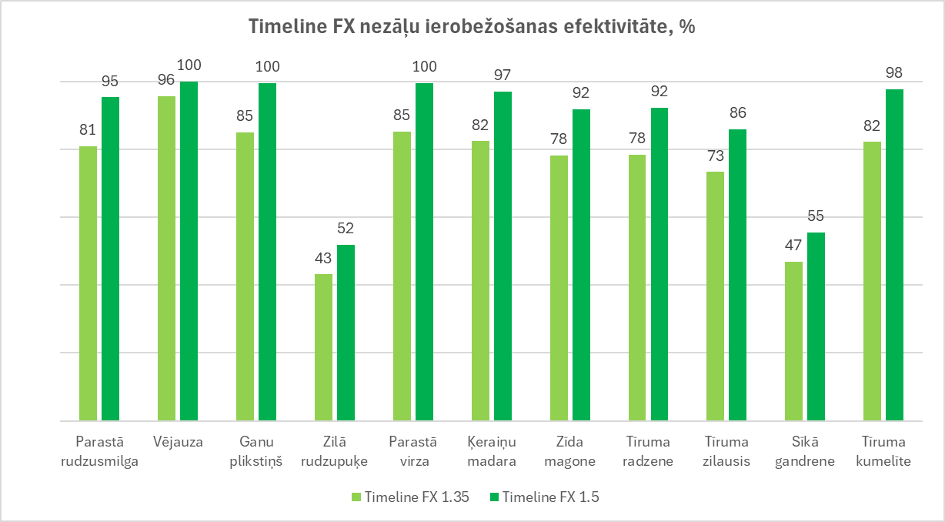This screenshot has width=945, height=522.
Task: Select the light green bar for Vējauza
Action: click(x=166, y=259)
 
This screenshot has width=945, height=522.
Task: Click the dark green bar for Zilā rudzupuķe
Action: click(x=346, y=333)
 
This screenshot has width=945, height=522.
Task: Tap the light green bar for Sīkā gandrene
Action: click(x=793, y=341)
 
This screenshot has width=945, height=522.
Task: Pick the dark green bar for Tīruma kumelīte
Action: click(x=894, y=255)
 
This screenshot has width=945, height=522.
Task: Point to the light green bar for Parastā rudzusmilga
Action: click(x=88, y=283)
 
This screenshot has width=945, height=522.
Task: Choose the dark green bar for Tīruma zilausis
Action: click(x=737, y=275)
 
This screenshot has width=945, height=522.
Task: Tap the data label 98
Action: click(x=894, y=73)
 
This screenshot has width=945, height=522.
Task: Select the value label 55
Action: click(x=816, y=216)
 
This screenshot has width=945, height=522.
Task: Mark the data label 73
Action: click(x=716, y=156)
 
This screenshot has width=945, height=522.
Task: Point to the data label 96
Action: click(x=166, y=80)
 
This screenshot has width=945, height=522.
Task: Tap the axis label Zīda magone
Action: click(x=569, y=452)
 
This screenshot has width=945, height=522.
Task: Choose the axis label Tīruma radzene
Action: click(x=648, y=452)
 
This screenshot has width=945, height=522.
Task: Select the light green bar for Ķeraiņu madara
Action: click(x=479, y=281)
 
